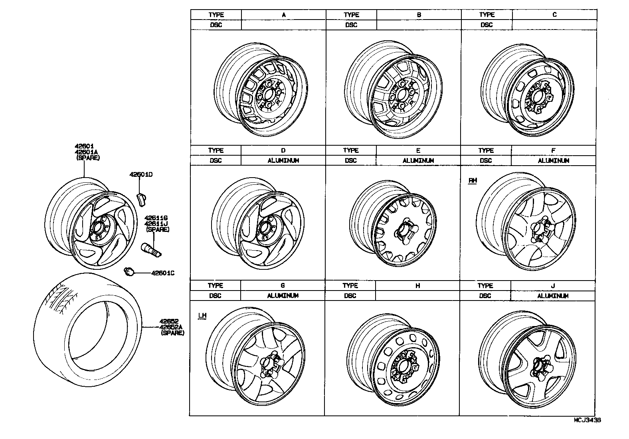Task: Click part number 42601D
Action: pos(141,175)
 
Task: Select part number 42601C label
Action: pos(162,273)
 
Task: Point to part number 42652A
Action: pos(171,327)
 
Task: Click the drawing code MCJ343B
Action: pos(587,420)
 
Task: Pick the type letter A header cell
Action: pos(283,15)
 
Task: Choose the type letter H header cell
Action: pos(417,286)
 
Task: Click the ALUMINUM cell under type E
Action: pos(418,160)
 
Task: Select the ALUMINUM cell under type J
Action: pos(552,296)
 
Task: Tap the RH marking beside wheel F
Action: pos(472,180)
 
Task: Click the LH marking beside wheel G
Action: pos(202,316)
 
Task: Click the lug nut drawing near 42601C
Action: pos(129,271)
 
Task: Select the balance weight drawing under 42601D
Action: pos(141,200)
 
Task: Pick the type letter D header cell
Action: pos(283,150)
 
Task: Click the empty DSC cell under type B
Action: pos(419,25)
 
